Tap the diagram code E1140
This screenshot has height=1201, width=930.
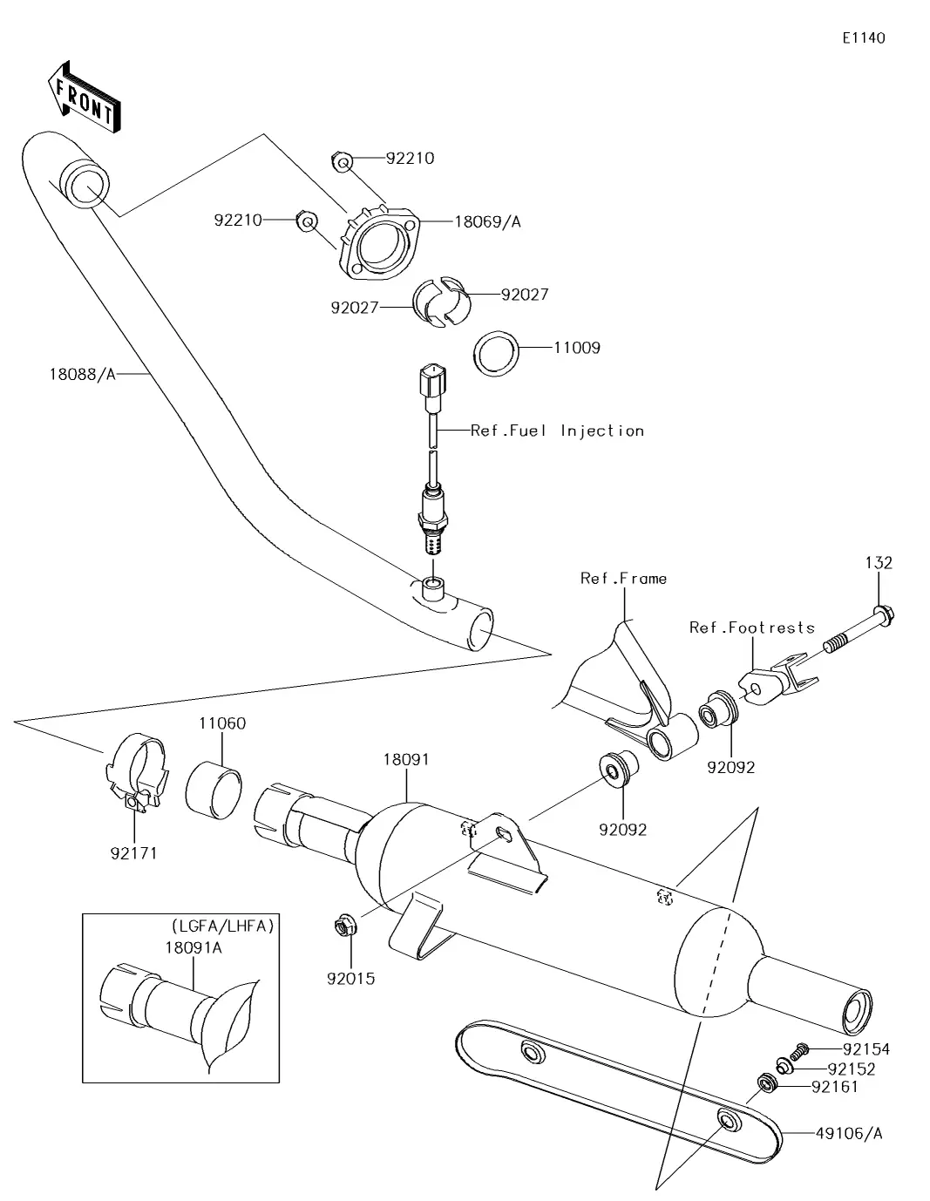tap(863, 38)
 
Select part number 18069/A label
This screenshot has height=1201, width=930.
tap(487, 221)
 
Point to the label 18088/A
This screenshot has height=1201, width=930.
tap(82, 375)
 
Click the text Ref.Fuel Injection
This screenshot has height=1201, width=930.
tap(557, 431)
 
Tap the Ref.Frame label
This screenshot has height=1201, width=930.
tap(623, 579)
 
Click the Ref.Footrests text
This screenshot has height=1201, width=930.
tap(751, 628)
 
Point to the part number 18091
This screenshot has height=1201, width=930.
tap(406, 759)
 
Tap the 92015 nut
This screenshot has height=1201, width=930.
tap(343, 925)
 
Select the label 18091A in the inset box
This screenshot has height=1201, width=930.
tap(193, 947)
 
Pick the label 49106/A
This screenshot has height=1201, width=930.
tap(849, 1133)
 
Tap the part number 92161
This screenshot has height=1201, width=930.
tap(834, 1087)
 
